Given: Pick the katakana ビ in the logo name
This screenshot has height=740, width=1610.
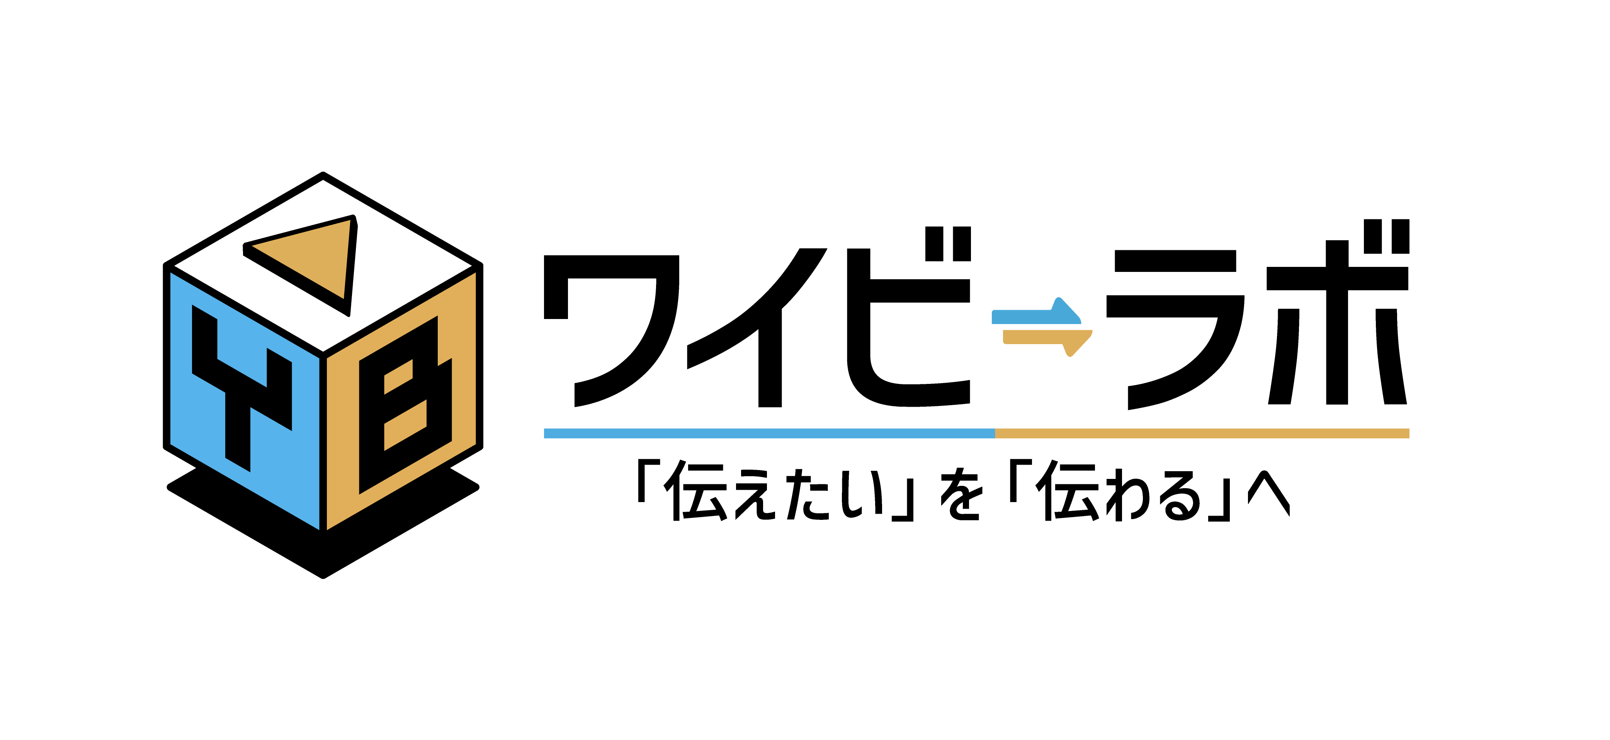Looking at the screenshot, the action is (x=909, y=316).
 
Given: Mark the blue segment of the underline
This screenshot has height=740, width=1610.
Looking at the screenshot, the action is (x=769, y=433).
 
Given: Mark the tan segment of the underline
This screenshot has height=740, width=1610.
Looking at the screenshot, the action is (x=1202, y=433).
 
